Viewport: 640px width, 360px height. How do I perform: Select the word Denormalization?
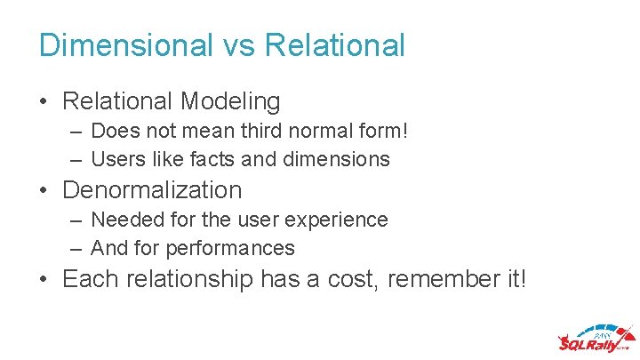point(152,190)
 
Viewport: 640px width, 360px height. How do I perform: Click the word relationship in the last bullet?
point(188,279)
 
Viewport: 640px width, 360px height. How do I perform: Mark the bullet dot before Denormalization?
point(44,191)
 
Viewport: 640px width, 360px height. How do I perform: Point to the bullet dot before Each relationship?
point(44,280)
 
